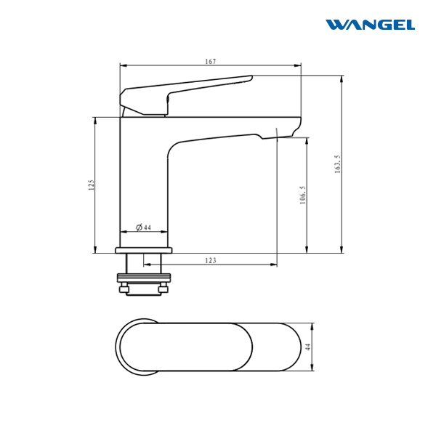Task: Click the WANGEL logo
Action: click(370, 25)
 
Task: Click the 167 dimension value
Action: click(211, 62)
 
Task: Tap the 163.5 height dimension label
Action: click(337, 164)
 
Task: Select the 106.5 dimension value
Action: click(303, 195)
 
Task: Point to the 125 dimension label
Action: click(92, 185)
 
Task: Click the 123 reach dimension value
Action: click(211, 260)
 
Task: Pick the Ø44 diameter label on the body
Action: click(143, 227)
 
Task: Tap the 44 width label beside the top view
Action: click(308, 347)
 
